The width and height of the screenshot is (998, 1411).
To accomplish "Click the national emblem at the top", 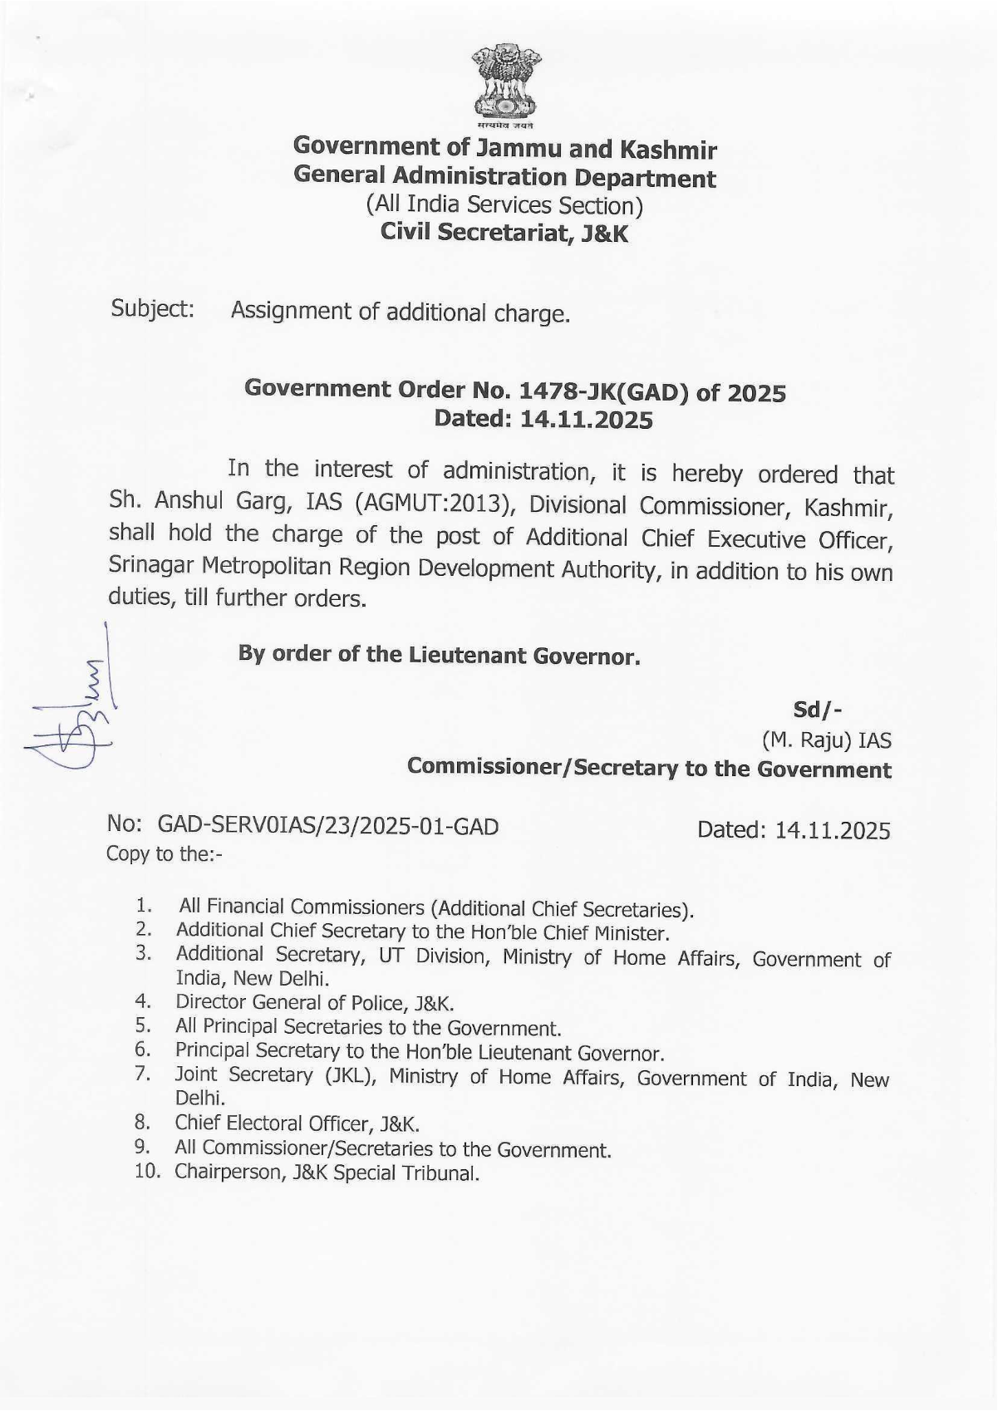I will click(506, 86).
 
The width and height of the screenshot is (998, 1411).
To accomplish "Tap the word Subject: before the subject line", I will click(153, 309).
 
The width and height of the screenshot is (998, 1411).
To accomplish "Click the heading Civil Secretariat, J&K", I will click(504, 234).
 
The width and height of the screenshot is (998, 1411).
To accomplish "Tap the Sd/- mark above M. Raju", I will click(819, 710).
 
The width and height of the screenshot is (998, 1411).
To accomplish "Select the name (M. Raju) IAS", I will click(826, 740).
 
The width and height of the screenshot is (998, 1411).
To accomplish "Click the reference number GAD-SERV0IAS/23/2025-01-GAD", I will click(328, 826).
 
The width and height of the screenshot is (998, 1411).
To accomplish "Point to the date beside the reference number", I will click(794, 830).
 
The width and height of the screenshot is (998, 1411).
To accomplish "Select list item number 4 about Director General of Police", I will click(314, 1003).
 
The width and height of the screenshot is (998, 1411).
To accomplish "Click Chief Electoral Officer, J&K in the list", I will click(297, 1123).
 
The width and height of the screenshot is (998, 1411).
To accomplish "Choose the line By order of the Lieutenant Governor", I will click(439, 655).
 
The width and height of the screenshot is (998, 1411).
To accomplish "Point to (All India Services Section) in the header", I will click(504, 205).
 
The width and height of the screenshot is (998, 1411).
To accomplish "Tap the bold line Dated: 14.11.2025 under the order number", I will click(543, 419).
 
